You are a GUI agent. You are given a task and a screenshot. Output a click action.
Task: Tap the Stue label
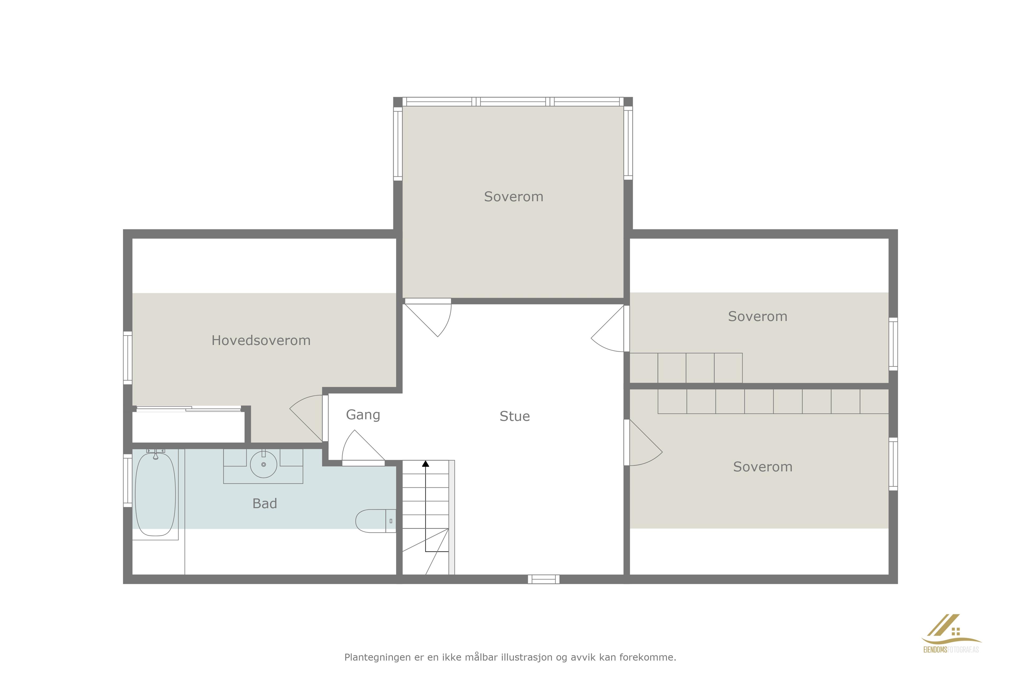coord(514,417)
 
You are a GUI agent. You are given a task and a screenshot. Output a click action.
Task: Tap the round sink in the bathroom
coord(263,464)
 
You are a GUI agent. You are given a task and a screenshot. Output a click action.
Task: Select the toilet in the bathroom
coord(375,521)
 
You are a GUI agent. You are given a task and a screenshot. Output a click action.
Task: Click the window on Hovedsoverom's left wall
coord(128,358)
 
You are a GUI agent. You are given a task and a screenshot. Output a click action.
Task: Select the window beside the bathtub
coord(128,480)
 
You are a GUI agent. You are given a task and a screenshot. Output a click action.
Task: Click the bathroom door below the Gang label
coord(363,448)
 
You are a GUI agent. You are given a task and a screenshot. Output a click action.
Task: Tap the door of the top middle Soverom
coord(428,317)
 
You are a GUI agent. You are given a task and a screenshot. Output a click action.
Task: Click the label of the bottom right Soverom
coord(763,467)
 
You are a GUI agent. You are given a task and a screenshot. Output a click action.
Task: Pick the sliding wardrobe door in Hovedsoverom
coord(189,409)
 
